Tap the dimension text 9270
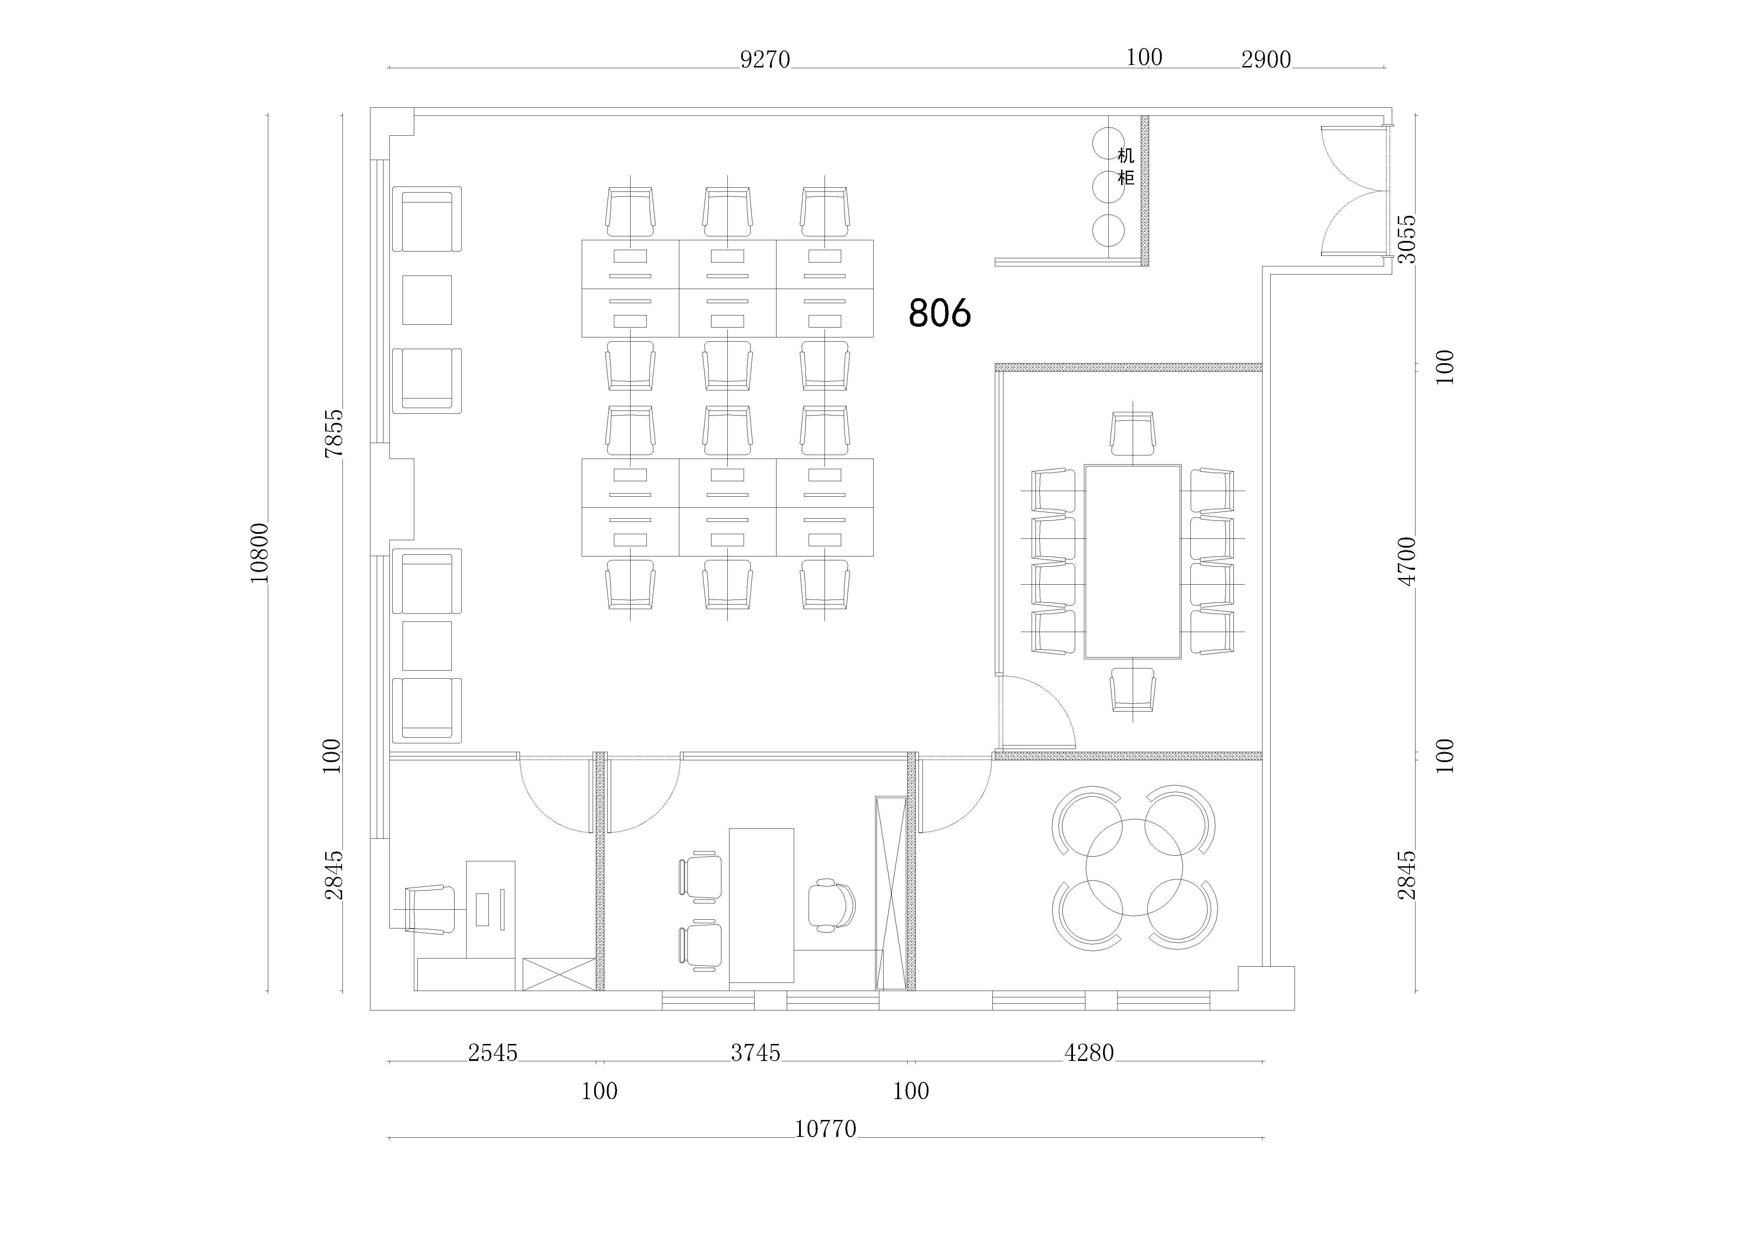point(766,59)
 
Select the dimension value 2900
point(1266,59)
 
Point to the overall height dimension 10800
point(259,553)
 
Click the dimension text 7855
point(334,433)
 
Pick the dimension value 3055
point(1408,239)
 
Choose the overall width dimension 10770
point(826,1129)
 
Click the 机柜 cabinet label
point(1126,167)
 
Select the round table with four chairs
point(1134,867)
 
